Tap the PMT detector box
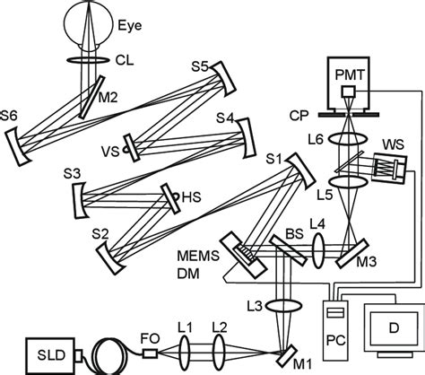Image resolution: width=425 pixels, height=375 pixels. point(343,69)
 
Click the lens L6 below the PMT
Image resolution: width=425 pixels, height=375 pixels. point(343,141)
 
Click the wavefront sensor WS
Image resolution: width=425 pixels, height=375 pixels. point(386,168)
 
